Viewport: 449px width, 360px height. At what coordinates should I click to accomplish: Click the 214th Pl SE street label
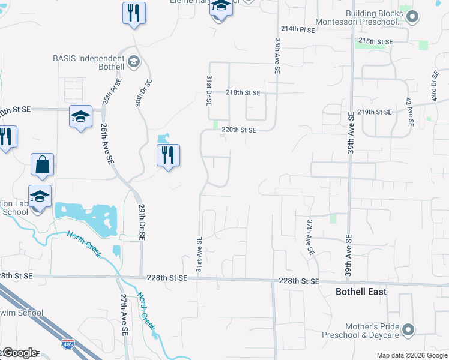pyautogui.click(x=297, y=29)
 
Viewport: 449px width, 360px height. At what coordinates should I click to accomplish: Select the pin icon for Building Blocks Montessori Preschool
pyautogui.click(x=412, y=17)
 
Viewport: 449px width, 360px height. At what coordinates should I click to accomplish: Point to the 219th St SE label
pyautogui.click(x=374, y=112)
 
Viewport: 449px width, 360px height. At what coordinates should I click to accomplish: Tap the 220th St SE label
pyautogui.click(x=238, y=130)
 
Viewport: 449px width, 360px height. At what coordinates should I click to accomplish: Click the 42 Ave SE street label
pyautogui.click(x=409, y=112)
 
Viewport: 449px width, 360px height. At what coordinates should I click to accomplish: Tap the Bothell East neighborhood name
pyautogui.click(x=360, y=292)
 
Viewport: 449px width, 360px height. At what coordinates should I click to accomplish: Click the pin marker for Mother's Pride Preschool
pyautogui.click(x=408, y=329)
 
